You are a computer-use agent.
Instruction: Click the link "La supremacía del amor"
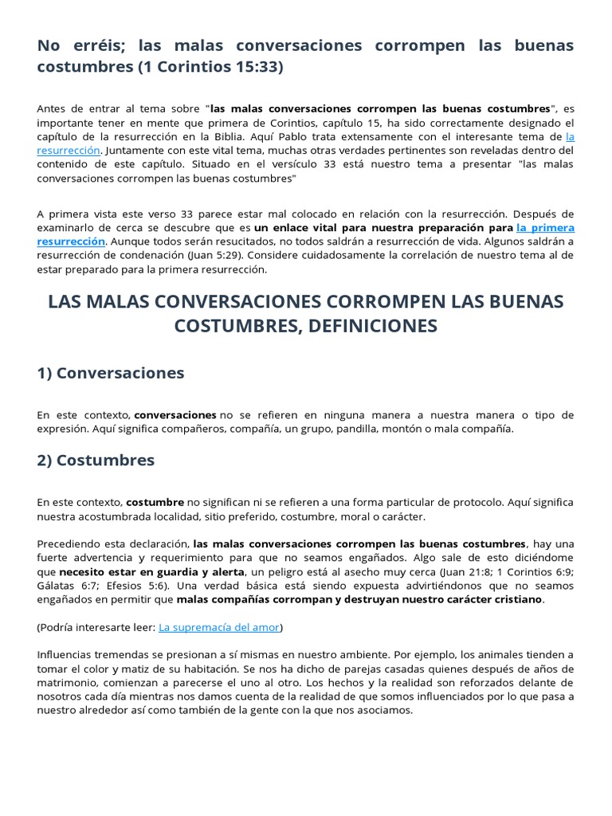[219, 627]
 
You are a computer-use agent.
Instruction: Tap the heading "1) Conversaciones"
[111, 373]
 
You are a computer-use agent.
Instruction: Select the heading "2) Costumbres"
[96, 461]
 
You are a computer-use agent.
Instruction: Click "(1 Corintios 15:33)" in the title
[210, 67]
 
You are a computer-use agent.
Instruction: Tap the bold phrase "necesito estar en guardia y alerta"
[154, 572]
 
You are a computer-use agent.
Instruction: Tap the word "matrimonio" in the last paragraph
[66, 682]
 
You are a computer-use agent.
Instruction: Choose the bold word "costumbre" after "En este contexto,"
[155, 503]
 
